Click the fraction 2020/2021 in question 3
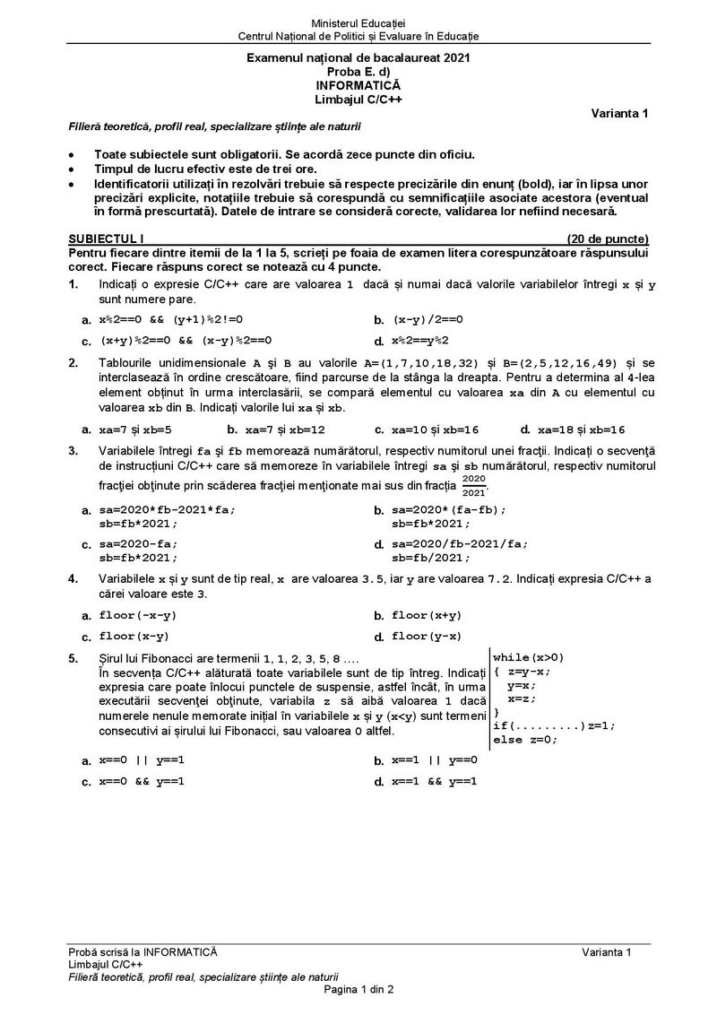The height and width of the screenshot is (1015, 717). (473, 485)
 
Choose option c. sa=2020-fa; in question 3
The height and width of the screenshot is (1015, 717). (138, 544)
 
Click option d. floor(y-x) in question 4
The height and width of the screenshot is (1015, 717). (426, 637)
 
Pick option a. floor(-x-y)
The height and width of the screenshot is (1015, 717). (138, 615)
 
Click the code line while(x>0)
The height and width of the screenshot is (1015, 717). (528, 656)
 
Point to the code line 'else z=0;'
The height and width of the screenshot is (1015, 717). (524, 740)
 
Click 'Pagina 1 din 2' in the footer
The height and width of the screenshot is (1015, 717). (358, 989)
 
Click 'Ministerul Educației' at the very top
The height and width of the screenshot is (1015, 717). (358, 21)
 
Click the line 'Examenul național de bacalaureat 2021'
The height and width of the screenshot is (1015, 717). (358, 56)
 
